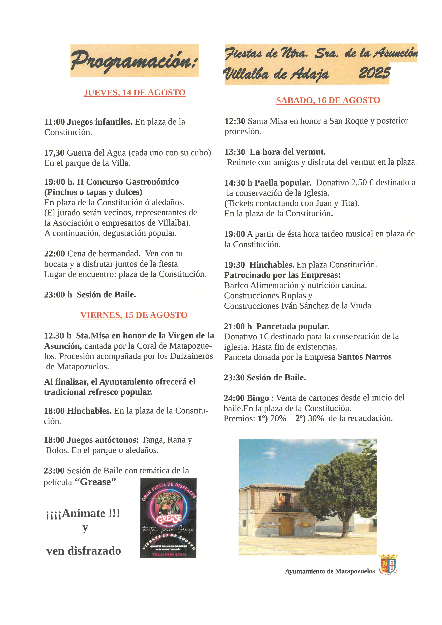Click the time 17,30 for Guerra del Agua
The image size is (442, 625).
(54, 153)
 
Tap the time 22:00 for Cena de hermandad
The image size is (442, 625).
(54, 254)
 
